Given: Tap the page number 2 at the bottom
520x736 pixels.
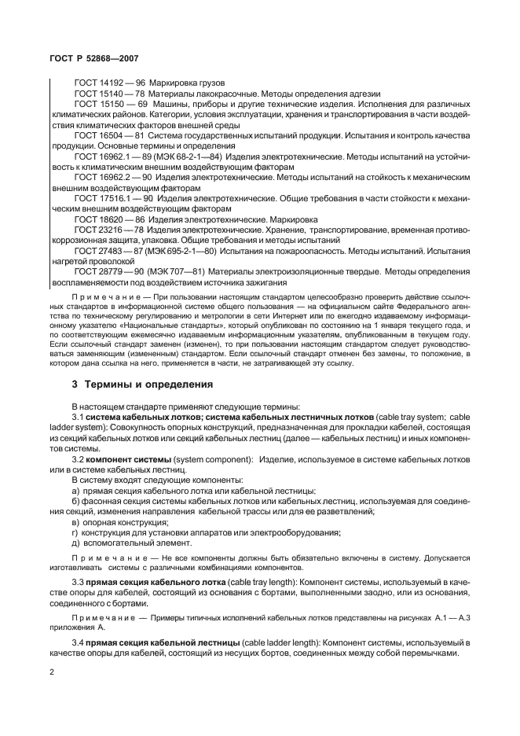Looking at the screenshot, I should coord(51,671).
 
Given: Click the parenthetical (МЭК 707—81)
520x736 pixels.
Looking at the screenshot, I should coord(173,272).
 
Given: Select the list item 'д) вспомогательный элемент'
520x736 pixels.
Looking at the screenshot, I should coord(129,543).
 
